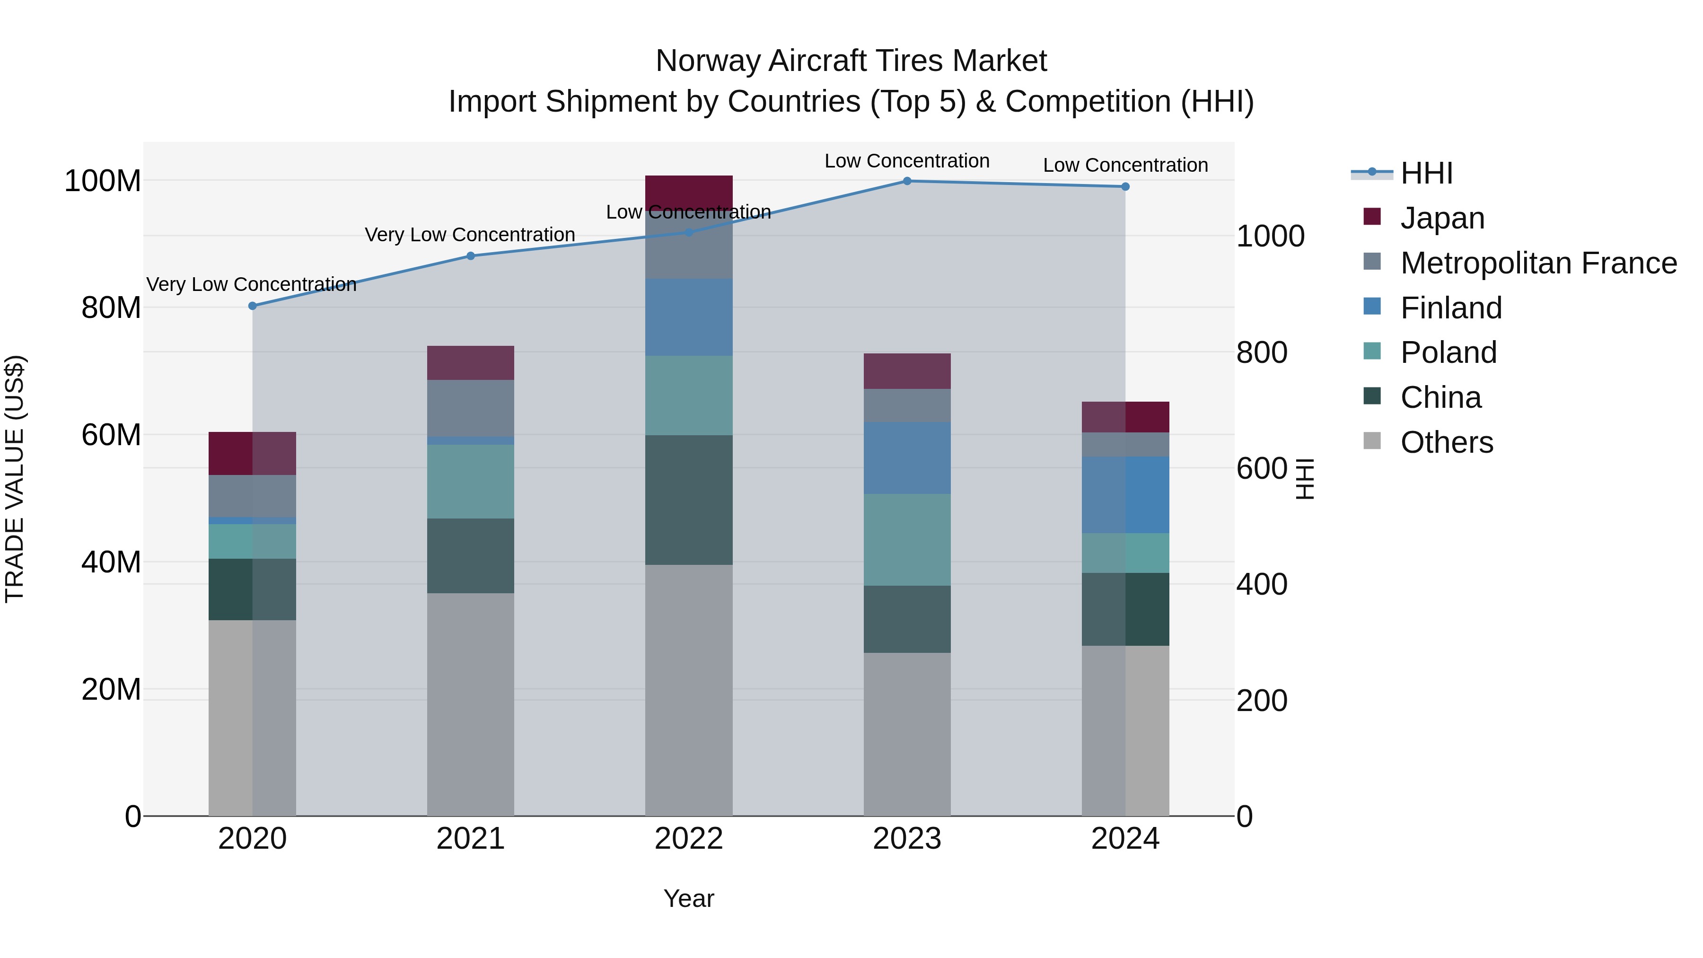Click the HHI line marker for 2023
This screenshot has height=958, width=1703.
tap(907, 181)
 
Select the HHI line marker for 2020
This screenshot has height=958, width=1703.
tap(253, 306)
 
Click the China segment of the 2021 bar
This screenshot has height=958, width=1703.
tap(471, 555)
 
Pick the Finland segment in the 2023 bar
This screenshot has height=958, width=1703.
tap(907, 458)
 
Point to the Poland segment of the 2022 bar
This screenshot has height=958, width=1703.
tap(689, 396)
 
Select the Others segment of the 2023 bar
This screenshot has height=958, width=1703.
tap(907, 734)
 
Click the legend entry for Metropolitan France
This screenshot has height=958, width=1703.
tap(1538, 263)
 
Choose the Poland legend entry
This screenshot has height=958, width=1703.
tap(1448, 352)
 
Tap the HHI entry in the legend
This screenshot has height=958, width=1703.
tap(1426, 173)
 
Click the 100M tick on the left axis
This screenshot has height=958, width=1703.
tap(103, 181)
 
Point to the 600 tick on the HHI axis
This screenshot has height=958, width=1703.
tap(1261, 469)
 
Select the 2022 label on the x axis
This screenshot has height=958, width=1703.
tap(689, 839)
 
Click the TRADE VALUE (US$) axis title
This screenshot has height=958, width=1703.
tap(15, 479)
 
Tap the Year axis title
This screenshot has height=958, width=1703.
tap(689, 898)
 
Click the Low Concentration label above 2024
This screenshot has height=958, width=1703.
tap(1125, 165)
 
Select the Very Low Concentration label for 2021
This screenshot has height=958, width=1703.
tap(470, 235)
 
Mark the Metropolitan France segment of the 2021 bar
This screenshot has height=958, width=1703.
tap(471, 408)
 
